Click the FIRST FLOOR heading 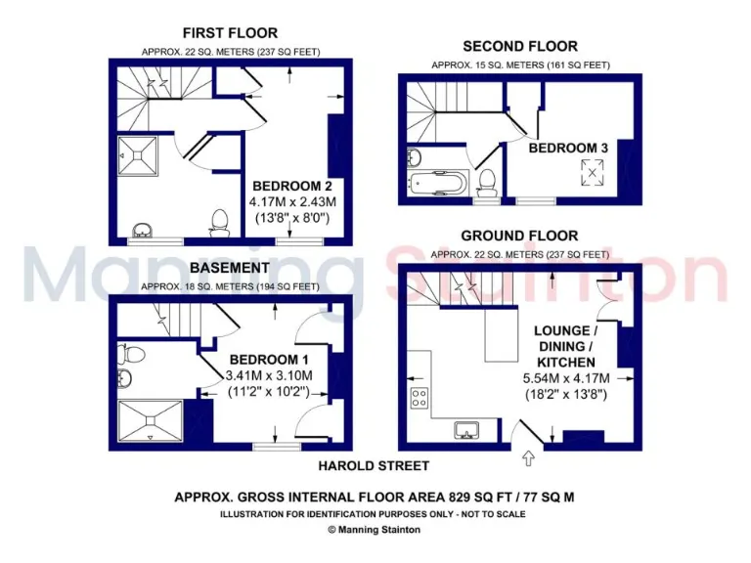pos(230,33)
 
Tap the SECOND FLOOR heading pos(519,46)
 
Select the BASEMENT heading pos(230,268)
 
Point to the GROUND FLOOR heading pos(519,236)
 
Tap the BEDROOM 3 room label pos(568,148)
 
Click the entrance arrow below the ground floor pos(531,455)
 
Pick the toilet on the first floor pos(220,225)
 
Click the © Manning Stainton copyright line pos(375,530)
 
